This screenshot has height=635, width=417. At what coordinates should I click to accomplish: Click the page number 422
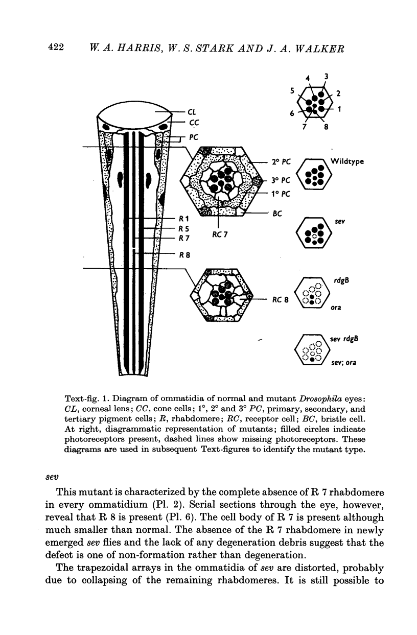(x=55, y=46)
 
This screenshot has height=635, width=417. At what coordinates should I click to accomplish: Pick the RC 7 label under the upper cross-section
(x=220, y=236)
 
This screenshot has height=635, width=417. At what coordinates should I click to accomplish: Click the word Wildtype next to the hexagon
(x=347, y=161)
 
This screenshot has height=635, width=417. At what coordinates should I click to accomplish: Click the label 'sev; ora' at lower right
(x=343, y=363)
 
